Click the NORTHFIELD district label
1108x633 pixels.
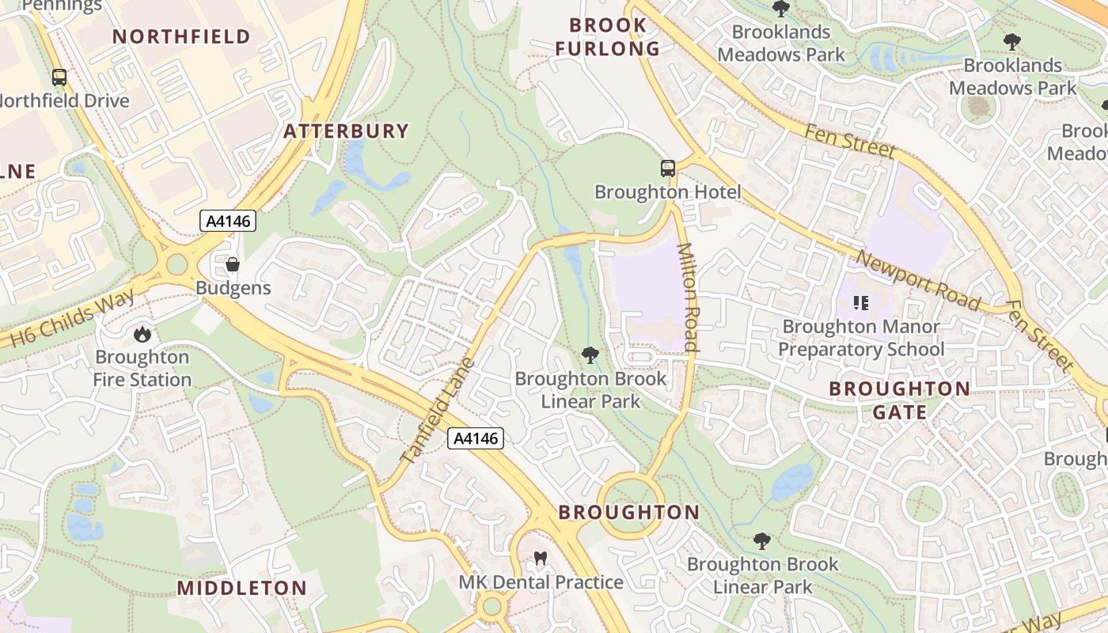point(181,36)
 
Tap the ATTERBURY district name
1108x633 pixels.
point(347,131)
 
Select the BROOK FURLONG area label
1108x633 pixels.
point(607,37)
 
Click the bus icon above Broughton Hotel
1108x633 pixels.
point(668,168)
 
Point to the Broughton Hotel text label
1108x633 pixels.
point(667,192)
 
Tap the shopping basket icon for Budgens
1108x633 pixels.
point(233,264)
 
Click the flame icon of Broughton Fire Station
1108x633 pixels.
point(142,334)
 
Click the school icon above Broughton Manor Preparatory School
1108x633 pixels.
point(861,302)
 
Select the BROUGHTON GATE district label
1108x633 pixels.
point(899,400)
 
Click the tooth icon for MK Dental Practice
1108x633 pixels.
point(541,559)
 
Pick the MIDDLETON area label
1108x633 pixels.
point(241,588)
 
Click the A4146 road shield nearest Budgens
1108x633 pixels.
point(228,222)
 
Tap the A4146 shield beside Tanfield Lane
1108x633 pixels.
point(476,438)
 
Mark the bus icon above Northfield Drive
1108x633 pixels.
point(59,78)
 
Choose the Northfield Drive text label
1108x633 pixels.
point(63,101)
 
